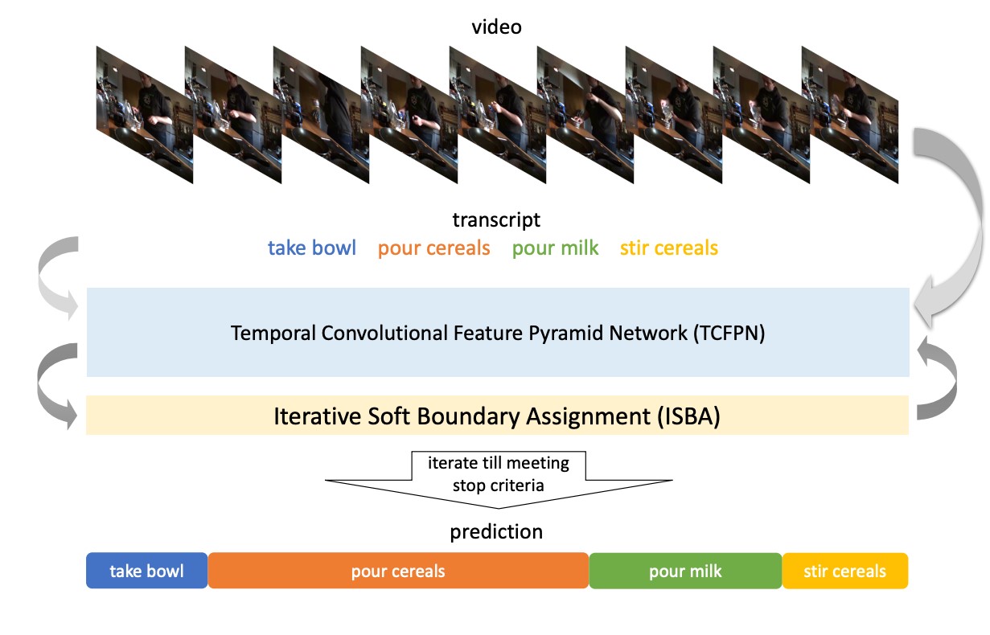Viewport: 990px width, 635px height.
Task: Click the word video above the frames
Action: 496,27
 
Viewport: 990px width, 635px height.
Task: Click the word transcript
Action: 496,219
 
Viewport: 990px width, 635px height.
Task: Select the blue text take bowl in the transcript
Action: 312,248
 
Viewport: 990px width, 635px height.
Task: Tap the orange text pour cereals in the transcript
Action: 433,248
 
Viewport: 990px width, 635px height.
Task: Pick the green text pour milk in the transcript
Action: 555,248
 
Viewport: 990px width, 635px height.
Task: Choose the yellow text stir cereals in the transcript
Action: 668,248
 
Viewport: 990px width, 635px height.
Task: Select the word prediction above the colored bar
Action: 496,532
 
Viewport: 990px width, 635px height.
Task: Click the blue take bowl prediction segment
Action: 147,571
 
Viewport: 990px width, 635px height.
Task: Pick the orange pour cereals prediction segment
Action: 398,571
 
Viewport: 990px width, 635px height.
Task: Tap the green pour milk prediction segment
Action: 685,571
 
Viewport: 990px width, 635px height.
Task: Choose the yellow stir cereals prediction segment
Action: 844,571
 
